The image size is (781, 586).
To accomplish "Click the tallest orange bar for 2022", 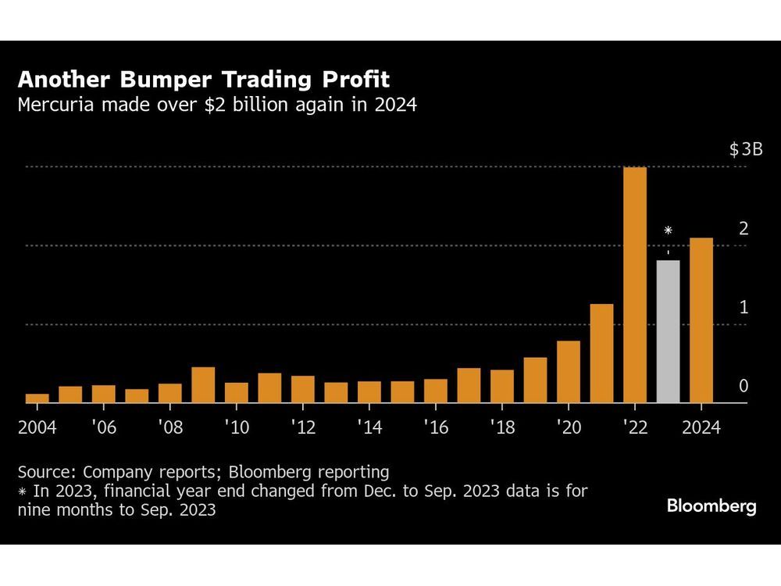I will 635,285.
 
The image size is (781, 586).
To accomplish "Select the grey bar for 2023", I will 668,331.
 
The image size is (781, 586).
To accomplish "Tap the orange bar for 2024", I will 701,320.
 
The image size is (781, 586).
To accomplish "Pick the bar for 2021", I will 601,353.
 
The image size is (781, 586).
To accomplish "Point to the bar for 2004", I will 37,398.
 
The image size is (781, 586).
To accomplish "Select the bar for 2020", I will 569,372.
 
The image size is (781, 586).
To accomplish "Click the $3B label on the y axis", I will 745,150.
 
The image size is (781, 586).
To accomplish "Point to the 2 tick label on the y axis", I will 744,229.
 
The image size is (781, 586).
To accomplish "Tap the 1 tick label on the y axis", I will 744,308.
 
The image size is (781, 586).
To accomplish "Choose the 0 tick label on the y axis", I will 744,387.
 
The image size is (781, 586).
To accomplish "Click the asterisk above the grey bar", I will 668,231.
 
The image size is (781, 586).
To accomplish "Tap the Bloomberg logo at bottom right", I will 711,506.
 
